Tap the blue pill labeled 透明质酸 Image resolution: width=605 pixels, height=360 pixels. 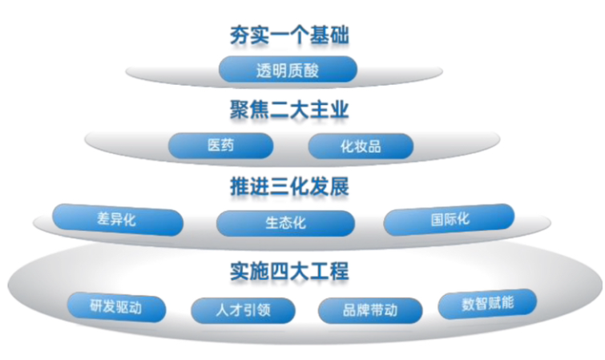click(287, 70)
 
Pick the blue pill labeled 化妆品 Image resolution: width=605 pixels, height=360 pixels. click(361, 146)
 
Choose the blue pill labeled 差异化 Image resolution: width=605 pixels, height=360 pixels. click(116, 219)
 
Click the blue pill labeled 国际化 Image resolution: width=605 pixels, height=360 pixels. click(450, 219)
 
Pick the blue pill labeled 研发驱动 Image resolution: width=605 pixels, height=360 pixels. click(116, 306)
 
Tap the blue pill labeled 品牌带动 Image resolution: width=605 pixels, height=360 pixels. click(369, 309)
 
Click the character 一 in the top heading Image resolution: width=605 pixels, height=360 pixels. click(276, 35)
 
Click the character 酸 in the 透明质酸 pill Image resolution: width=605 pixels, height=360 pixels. click(312, 70)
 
